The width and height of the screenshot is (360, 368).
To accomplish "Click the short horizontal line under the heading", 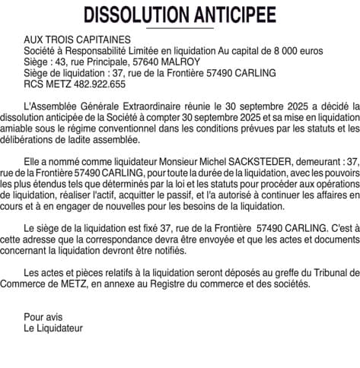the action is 180,27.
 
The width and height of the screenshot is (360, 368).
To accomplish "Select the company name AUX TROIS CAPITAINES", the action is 77,40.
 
